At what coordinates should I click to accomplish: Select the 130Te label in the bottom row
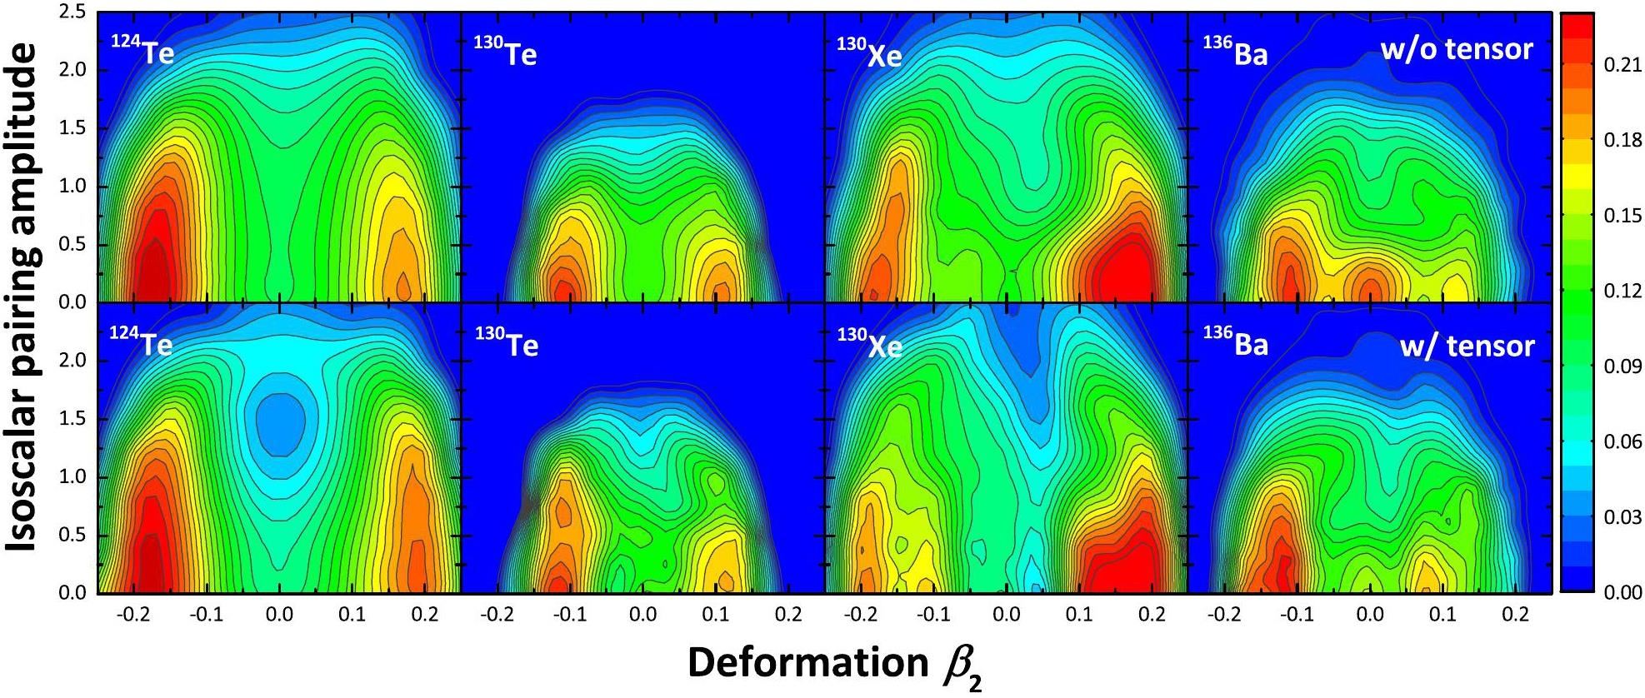pos(506,342)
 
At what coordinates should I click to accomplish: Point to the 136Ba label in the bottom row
pos(1235,342)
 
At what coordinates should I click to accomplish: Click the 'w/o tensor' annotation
pos(1456,50)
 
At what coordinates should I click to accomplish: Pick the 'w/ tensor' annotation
pos(1467,344)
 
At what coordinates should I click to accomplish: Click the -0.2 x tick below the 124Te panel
pos(133,615)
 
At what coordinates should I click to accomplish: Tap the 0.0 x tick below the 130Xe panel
pos(1007,615)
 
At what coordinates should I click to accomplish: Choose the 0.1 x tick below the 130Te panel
pos(715,615)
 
